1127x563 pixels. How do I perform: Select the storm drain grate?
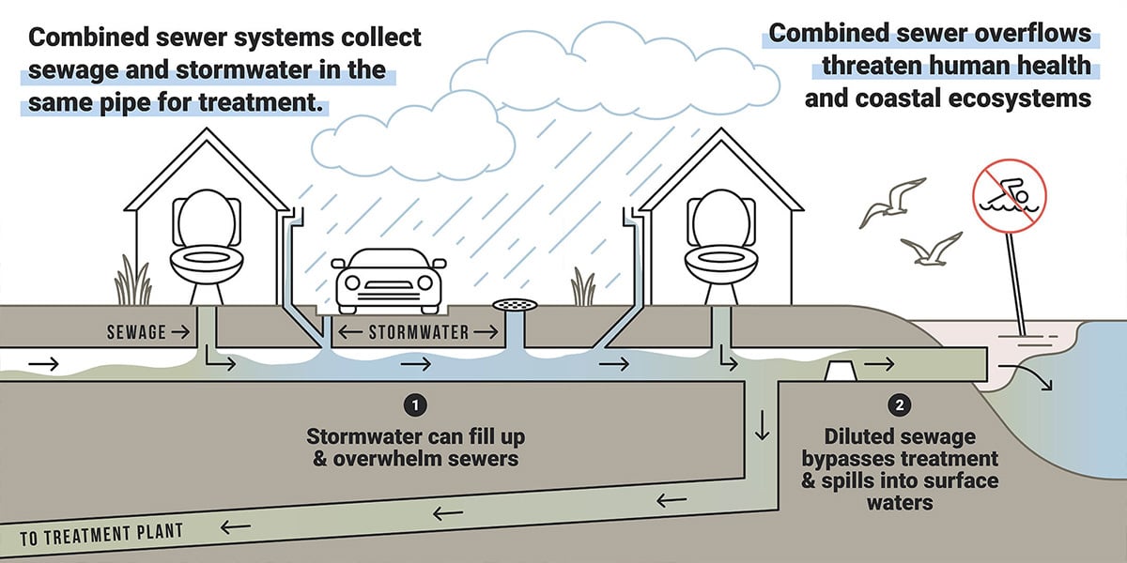(x=516, y=306)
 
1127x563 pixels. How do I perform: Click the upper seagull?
(x=892, y=198)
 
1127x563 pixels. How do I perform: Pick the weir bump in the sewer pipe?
(x=839, y=372)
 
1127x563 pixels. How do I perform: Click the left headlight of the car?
(x=352, y=282)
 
